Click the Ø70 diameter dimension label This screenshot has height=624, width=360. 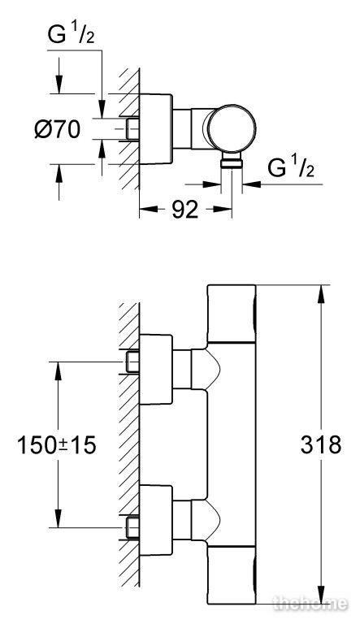click(58, 129)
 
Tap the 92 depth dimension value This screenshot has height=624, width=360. click(184, 210)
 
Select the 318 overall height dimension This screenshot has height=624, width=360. click(321, 444)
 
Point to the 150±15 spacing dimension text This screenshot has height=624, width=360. click(57, 445)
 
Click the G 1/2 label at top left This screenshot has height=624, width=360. click(71, 36)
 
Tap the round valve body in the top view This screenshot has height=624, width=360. click(232, 128)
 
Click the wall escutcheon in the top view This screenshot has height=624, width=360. click(156, 129)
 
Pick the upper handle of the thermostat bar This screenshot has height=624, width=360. click(232, 314)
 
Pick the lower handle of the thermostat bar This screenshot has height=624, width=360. click(232, 575)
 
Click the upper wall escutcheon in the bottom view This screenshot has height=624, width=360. click(156, 370)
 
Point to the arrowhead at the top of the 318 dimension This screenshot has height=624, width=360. click(321, 293)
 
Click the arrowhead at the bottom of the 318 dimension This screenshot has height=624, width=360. click(321, 596)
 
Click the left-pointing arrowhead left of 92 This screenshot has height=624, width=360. click(149, 210)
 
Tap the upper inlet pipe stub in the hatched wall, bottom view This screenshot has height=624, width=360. click(132, 362)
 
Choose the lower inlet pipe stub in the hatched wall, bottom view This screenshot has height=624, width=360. click(132, 527)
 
